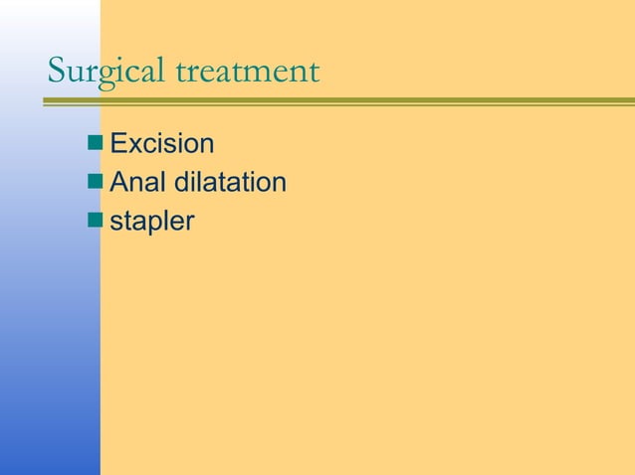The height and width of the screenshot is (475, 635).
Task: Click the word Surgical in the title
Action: pos(107,73)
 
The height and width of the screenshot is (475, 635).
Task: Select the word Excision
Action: pos(161,145)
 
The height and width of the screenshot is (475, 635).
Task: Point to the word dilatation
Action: pos(230,184)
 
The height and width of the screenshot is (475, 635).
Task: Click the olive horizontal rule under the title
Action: pos(338,100)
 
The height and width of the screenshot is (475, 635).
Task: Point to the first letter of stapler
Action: pos(115,224)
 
